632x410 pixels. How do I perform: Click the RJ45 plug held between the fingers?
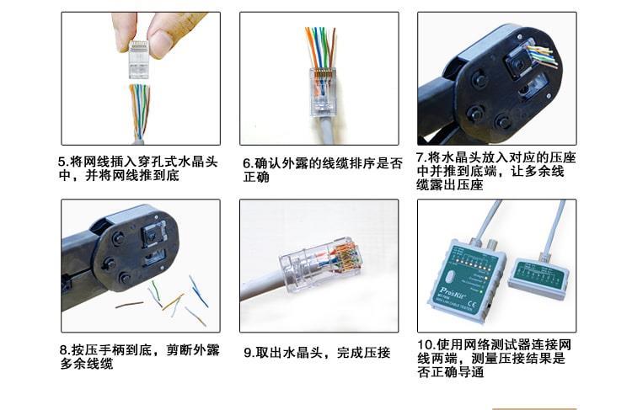[139, 60]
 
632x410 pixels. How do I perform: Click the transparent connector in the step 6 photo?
[322, 93]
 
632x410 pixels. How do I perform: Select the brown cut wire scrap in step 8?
[130, 305]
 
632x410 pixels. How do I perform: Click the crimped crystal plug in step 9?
[319, 264]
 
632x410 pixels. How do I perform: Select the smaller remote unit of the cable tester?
[538, 276]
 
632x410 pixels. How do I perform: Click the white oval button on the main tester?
[451, 278]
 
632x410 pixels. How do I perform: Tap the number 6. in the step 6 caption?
[249, 164]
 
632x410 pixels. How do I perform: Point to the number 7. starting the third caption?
[421, 157]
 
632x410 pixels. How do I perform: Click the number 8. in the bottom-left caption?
[66, 349]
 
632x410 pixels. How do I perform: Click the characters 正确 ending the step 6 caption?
[256, 177]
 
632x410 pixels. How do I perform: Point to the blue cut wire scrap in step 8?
[199, 291]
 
